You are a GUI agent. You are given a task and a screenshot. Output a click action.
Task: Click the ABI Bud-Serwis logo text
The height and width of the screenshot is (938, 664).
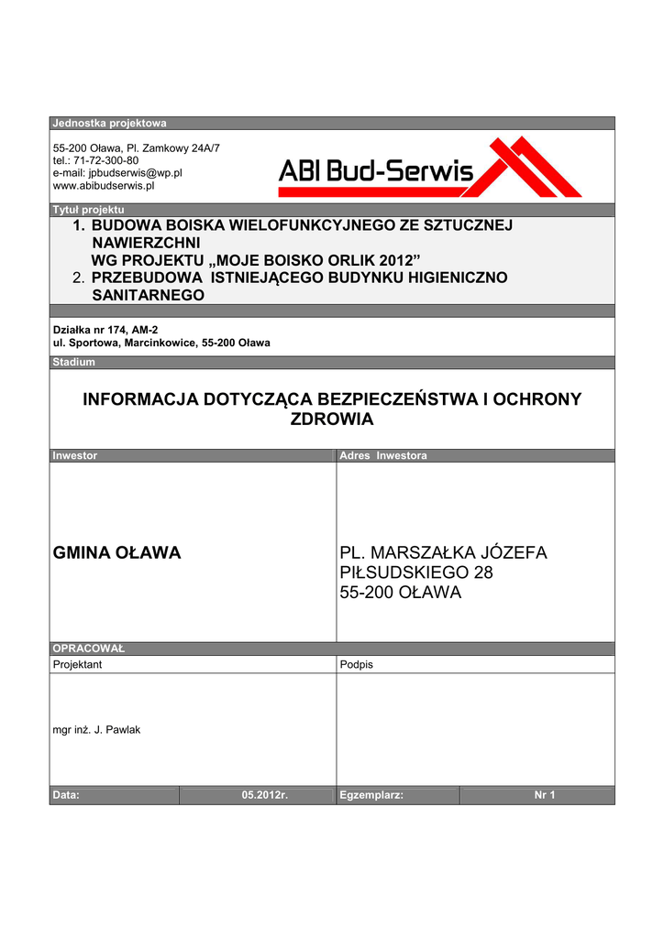[376, 169]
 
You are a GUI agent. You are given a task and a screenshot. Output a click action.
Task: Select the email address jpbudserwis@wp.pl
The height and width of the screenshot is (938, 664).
[117, 172]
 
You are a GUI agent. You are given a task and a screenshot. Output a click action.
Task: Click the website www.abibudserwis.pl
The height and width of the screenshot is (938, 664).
[104, 185]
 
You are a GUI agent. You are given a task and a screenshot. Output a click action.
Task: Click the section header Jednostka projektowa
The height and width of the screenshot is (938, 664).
[109, 123]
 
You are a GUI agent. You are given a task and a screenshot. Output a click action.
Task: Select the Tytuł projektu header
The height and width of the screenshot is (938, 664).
[88, 210]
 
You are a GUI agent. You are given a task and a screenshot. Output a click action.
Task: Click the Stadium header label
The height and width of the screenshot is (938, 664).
[73, 362]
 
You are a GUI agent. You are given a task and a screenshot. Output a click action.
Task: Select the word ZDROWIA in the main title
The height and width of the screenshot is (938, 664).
[332, 420]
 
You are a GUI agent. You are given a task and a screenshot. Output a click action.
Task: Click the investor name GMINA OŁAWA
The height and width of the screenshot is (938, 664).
[116, 552]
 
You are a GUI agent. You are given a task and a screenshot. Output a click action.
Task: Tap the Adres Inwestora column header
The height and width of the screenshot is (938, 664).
[382, 455]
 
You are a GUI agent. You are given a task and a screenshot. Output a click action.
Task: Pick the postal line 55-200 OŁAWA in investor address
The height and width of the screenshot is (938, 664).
[401, 593]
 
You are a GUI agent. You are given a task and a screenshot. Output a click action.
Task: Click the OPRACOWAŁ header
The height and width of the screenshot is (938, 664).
[88, 649]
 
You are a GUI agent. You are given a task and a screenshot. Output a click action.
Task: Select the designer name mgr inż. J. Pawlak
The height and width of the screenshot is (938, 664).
[96, 730]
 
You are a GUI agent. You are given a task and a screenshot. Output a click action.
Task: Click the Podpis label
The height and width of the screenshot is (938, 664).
[356, 664]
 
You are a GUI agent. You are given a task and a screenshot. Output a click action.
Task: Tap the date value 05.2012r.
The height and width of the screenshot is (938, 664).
[265, 795]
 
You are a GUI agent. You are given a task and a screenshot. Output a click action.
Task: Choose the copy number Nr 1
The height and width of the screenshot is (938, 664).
[545, 795]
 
